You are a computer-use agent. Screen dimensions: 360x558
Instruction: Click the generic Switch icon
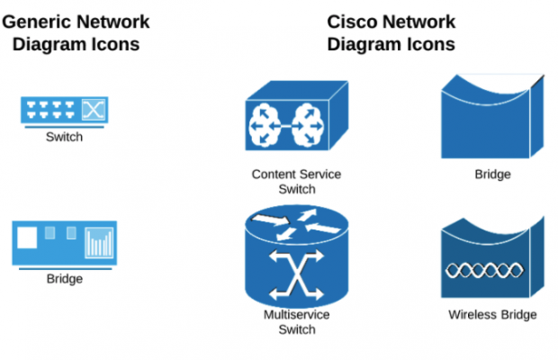coord(64,111)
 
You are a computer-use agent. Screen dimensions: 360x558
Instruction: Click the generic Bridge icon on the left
coord(64,242)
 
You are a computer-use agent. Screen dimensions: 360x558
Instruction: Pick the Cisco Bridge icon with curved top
coord(494,116)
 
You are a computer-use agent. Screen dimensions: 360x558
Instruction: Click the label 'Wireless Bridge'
coord(492,314)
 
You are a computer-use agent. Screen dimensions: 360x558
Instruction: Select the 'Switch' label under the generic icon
coord(64,138)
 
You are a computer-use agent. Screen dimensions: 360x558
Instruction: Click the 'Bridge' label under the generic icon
coord(64,279)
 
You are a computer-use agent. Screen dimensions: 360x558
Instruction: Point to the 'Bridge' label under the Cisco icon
coord(492,174)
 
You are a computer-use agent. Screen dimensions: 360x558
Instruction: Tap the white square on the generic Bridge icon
coord(28,238)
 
